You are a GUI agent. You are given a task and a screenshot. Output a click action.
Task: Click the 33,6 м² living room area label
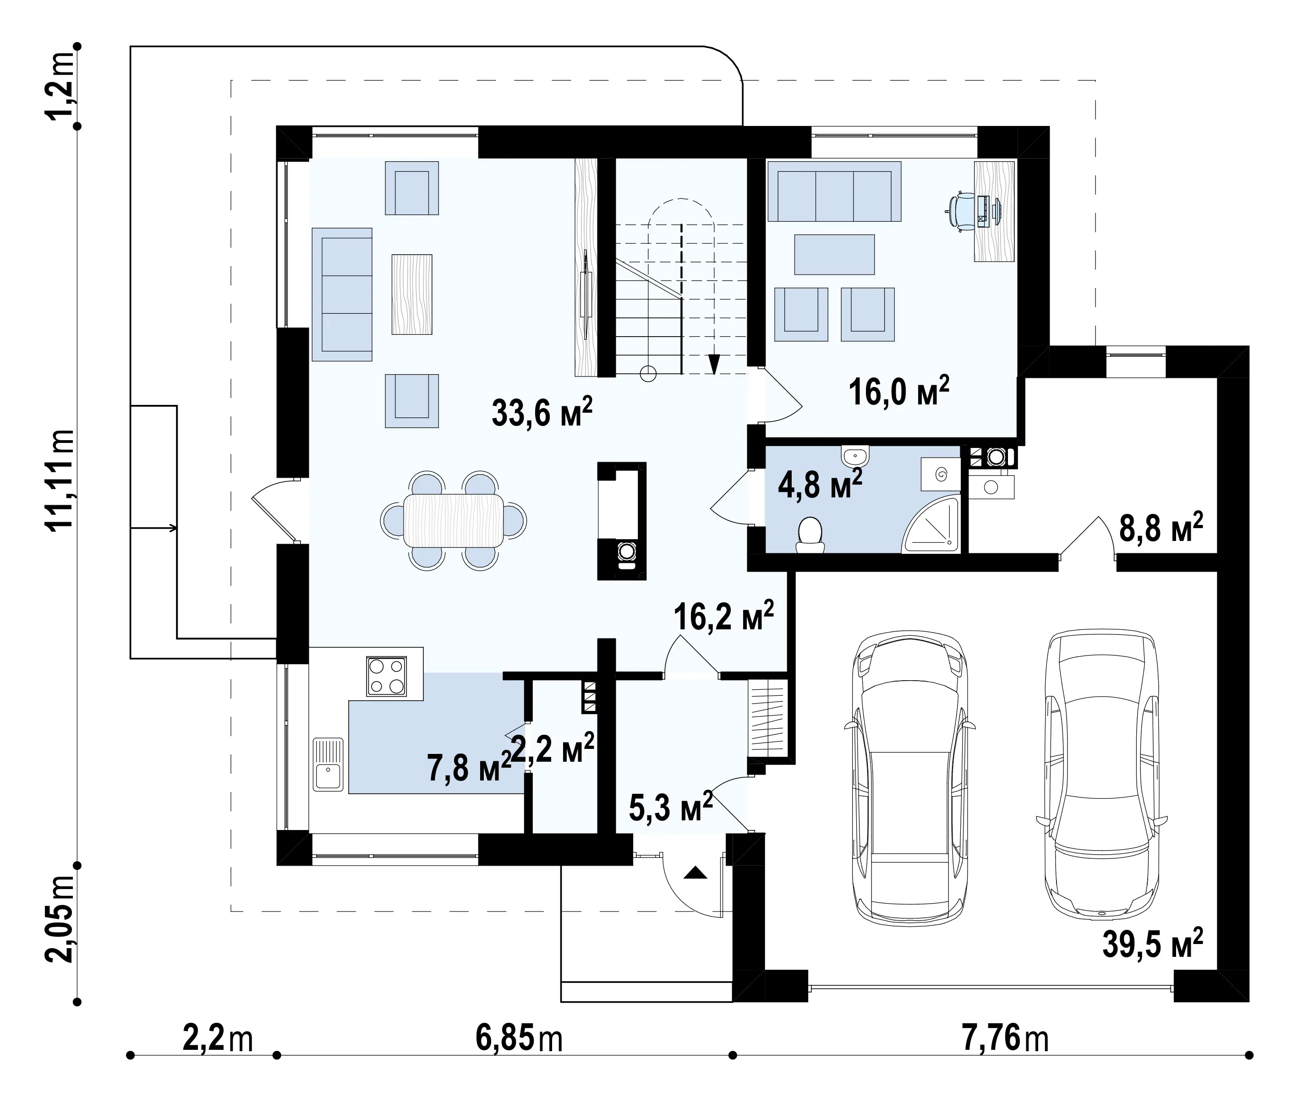[542, 412]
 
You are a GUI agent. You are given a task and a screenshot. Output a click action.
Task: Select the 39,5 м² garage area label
[1152, 944]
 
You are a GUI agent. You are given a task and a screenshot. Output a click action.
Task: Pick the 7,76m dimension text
[1006, 1038]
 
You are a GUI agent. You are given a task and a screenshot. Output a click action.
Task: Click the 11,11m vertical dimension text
[59, 479]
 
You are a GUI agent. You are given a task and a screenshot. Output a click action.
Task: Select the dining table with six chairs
[454, 520]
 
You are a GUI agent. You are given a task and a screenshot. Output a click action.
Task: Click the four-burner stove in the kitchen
[386, 676]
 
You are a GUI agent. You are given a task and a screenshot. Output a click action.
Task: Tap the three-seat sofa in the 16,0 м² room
[834, 191]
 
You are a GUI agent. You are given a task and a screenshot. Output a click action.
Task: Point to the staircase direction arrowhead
[714, 363]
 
